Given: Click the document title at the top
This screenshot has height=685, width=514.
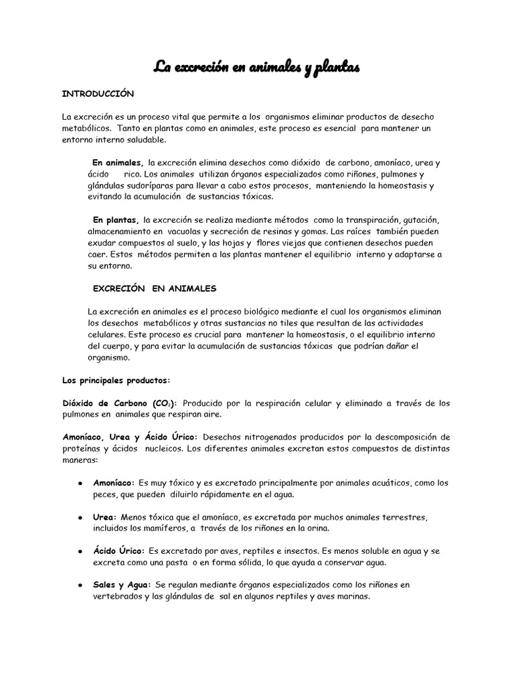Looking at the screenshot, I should [257, 67].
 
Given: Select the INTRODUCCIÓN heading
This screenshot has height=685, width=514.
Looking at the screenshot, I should [98, 94].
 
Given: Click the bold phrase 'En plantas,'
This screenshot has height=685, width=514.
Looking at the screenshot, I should [116, 220].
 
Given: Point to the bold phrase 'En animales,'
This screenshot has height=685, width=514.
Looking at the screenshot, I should [118, 163].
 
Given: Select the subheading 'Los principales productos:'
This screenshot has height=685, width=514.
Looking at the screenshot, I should [116, 380].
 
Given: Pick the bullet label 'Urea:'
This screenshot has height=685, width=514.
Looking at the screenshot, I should [105, 517].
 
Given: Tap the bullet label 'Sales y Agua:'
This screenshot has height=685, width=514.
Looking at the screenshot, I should [122, 585].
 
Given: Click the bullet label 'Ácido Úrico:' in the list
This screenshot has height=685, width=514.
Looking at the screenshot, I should [118, 551].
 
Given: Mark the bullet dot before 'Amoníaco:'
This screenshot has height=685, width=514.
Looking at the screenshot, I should [80, 483].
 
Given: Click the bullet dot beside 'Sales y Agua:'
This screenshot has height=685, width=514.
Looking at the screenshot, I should [80, 585].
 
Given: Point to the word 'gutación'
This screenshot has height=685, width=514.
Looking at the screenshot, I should [419, 220].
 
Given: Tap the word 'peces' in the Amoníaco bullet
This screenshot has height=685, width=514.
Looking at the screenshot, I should [105, 494].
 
